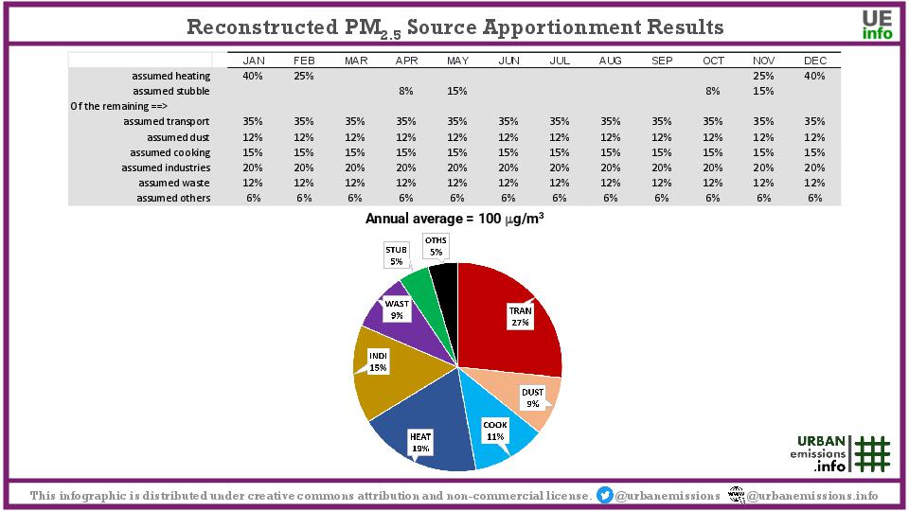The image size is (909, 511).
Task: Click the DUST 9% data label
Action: [533, 397]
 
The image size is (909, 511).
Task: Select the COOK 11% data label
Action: [495, 431]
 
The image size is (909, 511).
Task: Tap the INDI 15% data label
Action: [379, 361]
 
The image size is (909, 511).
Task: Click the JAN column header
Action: [254, 61]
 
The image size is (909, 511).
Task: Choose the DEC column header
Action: [815, 61]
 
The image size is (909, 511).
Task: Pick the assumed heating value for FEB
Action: [304, 76]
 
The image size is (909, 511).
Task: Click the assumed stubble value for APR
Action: [406, 91]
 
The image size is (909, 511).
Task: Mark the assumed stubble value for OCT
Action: [713, 91]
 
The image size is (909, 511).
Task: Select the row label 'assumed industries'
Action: [166, 167]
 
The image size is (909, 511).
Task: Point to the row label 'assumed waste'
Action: [174, 183]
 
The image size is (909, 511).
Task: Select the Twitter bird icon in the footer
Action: [604, 496]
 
